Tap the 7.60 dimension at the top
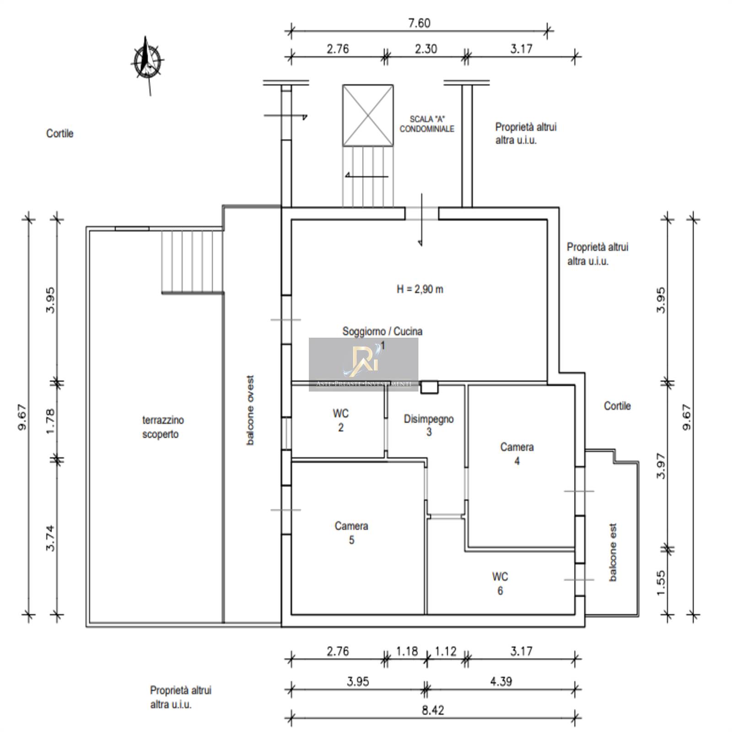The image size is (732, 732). click(419, 23)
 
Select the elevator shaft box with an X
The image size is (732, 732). click(368, 115)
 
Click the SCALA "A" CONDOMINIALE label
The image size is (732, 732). click(427, 124)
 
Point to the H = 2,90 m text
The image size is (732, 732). click(420, 289)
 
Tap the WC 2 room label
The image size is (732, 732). click(341, 420)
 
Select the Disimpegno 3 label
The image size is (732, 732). click(429, 425)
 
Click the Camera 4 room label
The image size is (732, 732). click(517, 454)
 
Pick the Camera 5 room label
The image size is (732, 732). click(351, 533)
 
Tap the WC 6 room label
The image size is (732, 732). click(500, 584)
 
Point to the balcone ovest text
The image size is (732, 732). click(250, 410)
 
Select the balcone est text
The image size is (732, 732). click(613, 552)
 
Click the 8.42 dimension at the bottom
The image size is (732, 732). click(432, 710)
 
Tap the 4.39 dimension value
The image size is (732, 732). click(501, 681)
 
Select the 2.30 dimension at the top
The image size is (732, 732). click(426, 48)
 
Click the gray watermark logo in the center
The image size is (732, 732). click(364, 364)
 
